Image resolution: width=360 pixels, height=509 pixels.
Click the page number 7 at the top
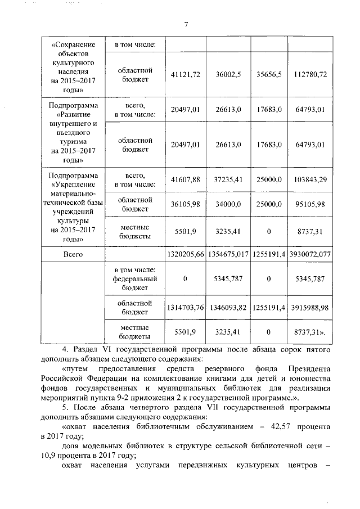186,24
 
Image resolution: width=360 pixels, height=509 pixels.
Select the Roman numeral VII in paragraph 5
195,407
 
